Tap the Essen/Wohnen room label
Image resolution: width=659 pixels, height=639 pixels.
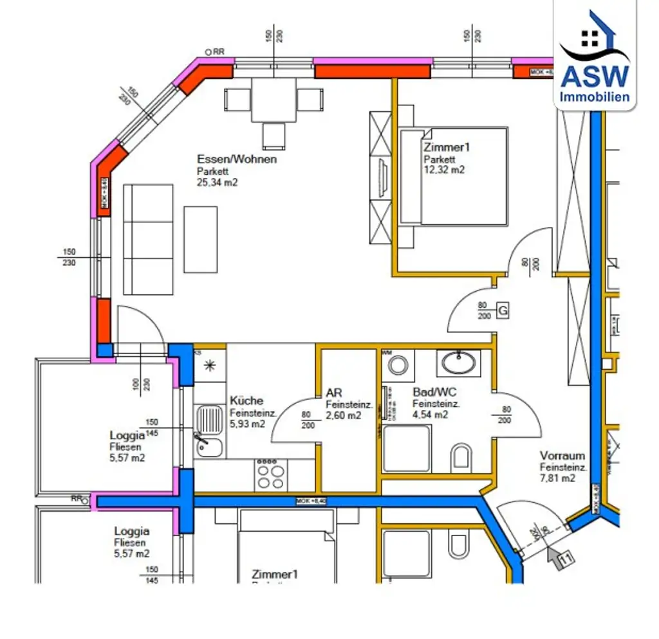tap(237, 159)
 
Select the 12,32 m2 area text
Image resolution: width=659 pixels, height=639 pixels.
tap(443, 170)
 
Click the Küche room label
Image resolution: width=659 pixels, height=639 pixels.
tap(246, 401)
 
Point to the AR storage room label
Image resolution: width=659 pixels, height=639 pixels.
tap(334, 393)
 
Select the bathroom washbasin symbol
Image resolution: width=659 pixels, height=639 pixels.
tap(458, 362)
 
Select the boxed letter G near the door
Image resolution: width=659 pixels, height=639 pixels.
tap(503, 312)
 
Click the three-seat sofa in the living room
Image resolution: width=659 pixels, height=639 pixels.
tap(148, 239)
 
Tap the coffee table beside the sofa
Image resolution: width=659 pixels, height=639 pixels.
tap(200, 239)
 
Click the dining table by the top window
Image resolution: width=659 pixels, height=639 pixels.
tap(273, 100)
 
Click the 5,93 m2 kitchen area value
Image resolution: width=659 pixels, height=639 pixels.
tap(247, 424)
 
